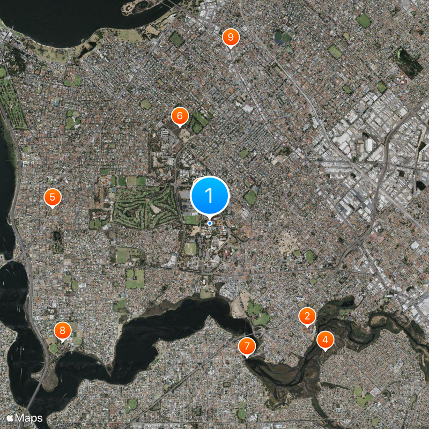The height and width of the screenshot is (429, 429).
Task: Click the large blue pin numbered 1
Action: pyautogui.click(x=210, y=196)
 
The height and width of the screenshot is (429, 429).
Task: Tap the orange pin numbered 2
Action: pyautogui.click(x=307, y=316)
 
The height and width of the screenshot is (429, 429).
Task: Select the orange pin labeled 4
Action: pyautogui.click(x=324, y=339)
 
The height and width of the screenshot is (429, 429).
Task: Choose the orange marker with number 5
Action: pyautogui.click(x=52, y=197)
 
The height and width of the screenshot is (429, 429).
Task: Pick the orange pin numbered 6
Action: pyautogui.click(x=180, y=115)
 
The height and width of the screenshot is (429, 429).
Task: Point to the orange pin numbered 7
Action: pyautogui.click(x=247, y=346)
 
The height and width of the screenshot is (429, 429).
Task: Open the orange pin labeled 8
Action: pyautogui.click(x=62, y=330)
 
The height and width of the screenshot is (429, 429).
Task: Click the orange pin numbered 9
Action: pyautogui.click(x=231, y=37)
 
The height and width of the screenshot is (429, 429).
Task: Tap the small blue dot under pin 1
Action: pyautogui.click(x=210, y=223)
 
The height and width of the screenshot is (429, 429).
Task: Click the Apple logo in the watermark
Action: pyautogui.click(x=10, y=417)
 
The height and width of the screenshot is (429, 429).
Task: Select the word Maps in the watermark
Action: pyautogui.click(x=28, y=417)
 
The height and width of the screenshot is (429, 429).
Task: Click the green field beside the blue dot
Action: pyautogui.click(x=191, y=219)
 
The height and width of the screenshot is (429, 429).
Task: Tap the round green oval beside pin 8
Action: pyautogui.click(x=54, y=348)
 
